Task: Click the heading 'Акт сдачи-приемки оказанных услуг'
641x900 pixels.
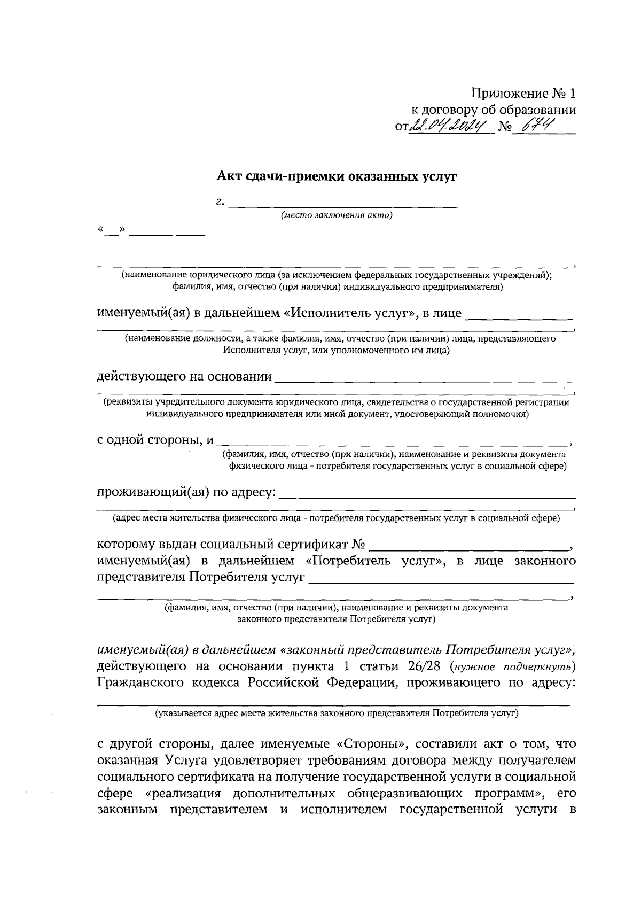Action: click(x=337, y=176)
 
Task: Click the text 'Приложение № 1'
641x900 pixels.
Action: click(x=523, y=94)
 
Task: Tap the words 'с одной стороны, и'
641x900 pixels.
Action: click(x=155, y=440)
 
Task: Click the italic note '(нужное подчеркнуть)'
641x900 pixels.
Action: click(x=513, y=667)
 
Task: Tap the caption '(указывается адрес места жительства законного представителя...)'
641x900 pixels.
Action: click(x=337, y=713)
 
